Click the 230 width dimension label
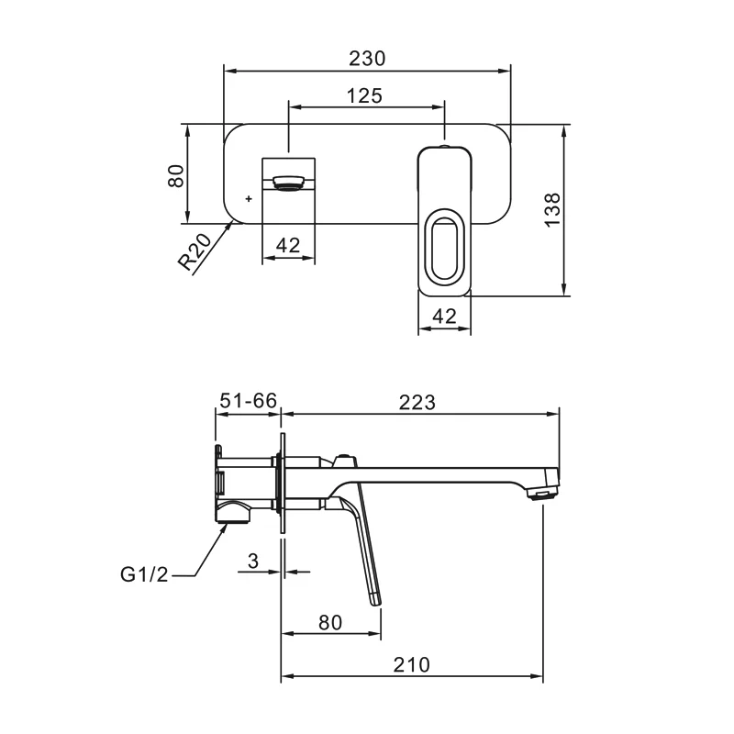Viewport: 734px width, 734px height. [x=367, y=59]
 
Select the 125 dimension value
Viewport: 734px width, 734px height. [x=364, y=96]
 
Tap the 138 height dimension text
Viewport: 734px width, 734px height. [x=553, y=210]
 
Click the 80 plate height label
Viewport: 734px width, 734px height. [x=176, y=176]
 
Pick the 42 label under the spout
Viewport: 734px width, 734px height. [x=288, y=245]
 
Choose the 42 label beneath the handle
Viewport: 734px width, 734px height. [x=444, y=317]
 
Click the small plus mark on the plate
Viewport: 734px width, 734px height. [x=249, y=199]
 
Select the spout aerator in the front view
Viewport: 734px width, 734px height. [x=288, y=183]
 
